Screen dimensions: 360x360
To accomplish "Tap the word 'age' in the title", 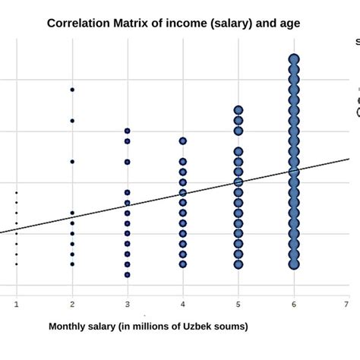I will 289,23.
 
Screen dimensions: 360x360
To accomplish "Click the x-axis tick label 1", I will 17,303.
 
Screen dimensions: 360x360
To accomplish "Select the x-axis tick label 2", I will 72,303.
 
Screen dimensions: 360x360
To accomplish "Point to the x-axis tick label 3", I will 128,303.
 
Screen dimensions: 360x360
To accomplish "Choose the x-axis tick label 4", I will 183,303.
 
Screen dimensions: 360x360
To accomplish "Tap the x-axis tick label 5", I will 238,303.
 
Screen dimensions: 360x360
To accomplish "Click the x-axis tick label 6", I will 293,303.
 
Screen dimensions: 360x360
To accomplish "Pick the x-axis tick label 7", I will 346,303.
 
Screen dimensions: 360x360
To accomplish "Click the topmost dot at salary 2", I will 72,90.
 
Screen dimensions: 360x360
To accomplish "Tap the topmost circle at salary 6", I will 294,58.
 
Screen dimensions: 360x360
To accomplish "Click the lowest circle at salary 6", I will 294,264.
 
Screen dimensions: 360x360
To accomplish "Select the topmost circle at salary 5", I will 238,110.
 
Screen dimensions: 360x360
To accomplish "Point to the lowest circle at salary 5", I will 238,264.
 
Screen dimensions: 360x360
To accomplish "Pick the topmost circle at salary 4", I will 183,141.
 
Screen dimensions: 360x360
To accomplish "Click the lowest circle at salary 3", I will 128,274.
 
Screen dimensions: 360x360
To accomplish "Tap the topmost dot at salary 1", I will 17,193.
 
